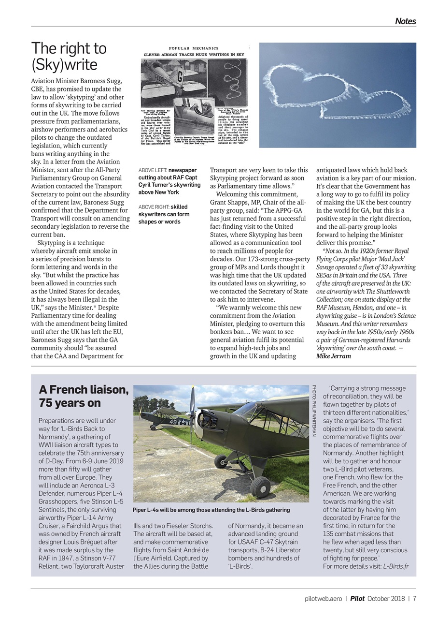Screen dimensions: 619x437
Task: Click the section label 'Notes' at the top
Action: (405, 21)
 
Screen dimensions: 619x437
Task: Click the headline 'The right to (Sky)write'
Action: (69, 56)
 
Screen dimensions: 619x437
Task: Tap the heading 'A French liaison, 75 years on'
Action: (84, 396)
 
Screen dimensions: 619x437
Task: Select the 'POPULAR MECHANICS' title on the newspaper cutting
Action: (194, 48)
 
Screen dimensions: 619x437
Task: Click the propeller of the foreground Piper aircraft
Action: (192, 419)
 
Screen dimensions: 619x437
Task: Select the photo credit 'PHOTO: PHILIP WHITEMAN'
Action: (314, 411)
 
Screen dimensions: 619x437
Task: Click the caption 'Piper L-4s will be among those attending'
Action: (211, 510)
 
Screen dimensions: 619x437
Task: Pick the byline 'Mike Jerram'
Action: (334, 356)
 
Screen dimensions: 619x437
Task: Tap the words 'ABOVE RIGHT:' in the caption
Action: (154, 207)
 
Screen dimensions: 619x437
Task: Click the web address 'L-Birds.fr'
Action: (395, 566)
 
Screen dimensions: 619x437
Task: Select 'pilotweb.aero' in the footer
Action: (323, 598)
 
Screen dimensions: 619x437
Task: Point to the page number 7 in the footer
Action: (414, 598)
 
